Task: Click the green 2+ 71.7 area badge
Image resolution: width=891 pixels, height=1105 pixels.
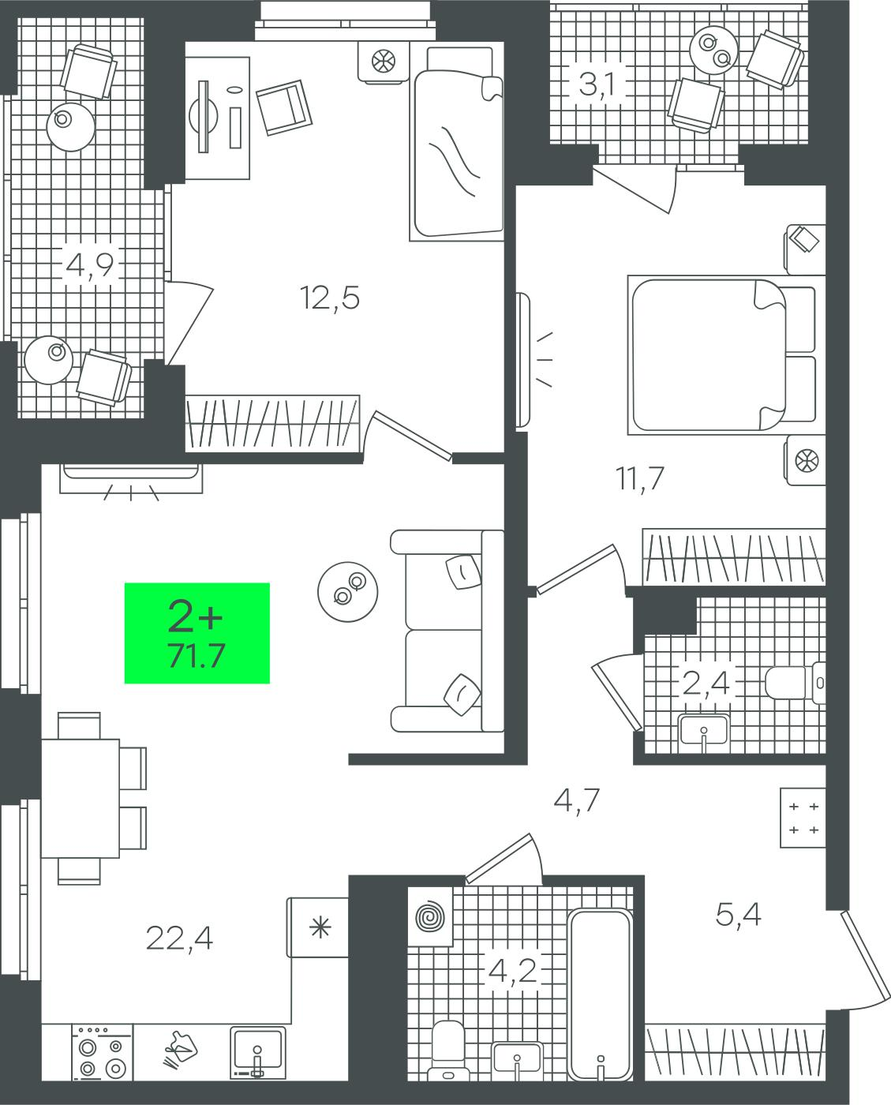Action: point(197,632)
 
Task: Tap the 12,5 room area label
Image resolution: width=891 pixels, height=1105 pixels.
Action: point(329,298)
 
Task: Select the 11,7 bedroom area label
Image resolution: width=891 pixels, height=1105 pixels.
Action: point(639,478)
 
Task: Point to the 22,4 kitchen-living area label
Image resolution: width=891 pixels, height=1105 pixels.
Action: point(179,938)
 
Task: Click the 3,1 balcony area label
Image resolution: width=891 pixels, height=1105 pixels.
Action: point(596,84)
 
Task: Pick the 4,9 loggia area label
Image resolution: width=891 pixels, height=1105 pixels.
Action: point(90,265)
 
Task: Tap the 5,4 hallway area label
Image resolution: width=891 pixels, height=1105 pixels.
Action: point(738,915)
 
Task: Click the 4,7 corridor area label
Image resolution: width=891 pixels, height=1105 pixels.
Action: point(576,800)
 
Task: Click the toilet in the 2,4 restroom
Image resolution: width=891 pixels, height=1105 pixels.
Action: point(795,683)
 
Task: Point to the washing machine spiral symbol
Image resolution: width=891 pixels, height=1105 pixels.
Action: point(430,916)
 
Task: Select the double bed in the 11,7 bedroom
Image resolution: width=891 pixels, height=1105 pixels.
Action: point(721,355)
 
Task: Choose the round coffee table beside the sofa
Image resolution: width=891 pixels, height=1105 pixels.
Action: point(348,592)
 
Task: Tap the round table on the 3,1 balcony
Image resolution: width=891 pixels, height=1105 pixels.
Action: point(714,51)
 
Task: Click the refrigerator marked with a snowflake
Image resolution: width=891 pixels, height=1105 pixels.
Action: point(317,928)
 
